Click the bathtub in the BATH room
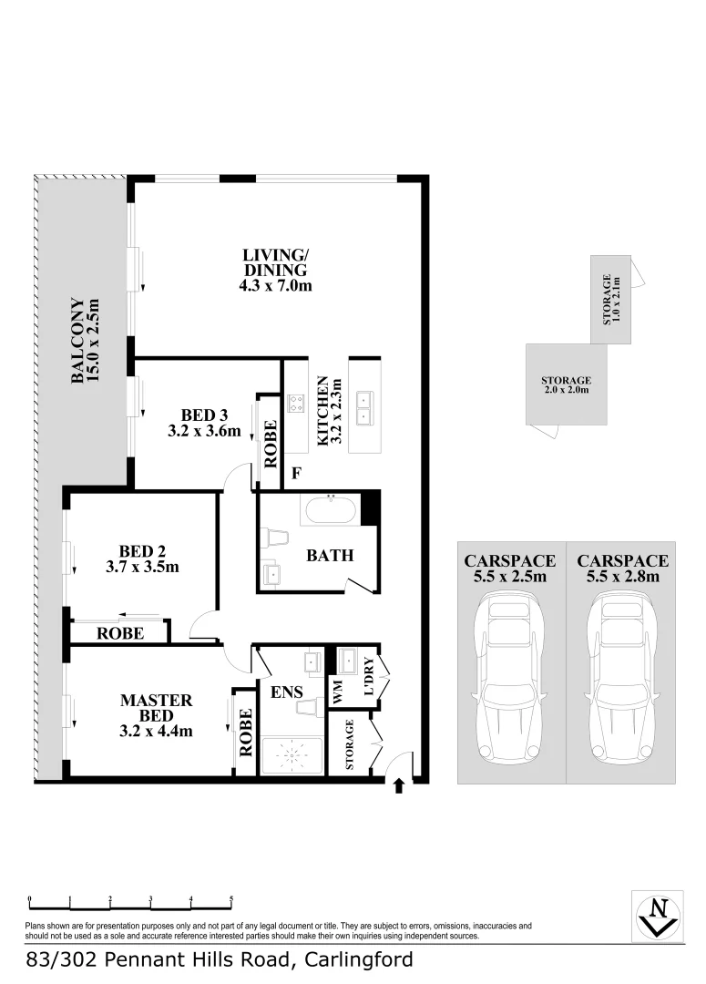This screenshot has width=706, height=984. (x=329, y=510)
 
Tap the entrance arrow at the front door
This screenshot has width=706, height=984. (x=398, y=785)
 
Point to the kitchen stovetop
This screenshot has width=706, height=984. (x=296, y=403)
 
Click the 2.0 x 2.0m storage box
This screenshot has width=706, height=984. (x=566, y=384)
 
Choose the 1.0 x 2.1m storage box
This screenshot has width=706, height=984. (x=610, y=301)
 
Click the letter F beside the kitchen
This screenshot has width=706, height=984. (x=295, y=474)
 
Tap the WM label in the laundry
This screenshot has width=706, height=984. (x=337, y=693)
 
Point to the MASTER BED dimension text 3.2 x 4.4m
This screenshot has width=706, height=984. (x=157, y=730)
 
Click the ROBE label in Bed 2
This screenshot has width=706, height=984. (x=120, y=632)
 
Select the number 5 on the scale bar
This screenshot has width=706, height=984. (x=231, y=898)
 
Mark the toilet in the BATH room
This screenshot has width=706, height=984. (x=272, y=538)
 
